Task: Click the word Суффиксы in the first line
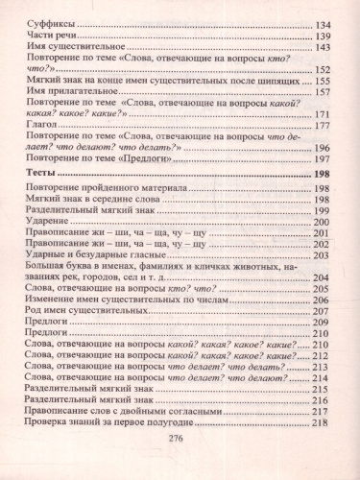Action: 49,22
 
